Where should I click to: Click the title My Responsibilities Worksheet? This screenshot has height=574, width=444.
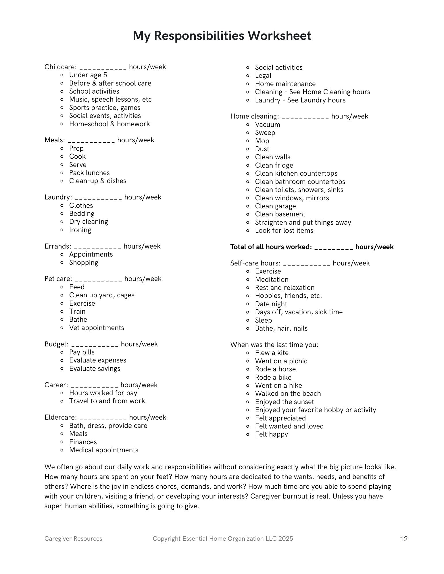pyautogui.click(x=222, y=36)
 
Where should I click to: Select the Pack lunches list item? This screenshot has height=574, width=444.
pyautogui.click(x=89, y=173)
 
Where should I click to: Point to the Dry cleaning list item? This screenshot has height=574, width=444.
pyautogui.click(x=89, y=222)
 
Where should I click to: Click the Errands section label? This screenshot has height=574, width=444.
pyautogui.click(x=57, y=246)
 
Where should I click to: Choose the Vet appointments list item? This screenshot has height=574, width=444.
pyautogui.click(x=97, y=328)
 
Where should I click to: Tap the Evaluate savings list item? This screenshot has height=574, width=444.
pyautogui.click(x=95, y=369)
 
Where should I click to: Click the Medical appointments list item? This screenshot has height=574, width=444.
pyautogui.click(x=103, y=450)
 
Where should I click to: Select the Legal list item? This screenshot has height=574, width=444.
pyautogui.click(x=263, y=75)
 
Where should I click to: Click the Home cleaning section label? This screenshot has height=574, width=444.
pyautogui.click(x=254, y=116)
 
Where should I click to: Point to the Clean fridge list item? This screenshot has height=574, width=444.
pyautogui.click(x=274, y=165)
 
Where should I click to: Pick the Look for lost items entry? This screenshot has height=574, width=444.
pyautogui.click(x=284, y=230)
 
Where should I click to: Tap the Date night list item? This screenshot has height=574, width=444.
pyautogui.click(x=271, y=304)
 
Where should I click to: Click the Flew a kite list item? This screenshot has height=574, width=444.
pyautogui.click(x=272, y=353)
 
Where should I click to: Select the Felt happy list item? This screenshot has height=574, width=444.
pyautogui.click(x=271, y=434)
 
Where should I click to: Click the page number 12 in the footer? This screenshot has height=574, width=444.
pyautogui.click(x=404, y=539)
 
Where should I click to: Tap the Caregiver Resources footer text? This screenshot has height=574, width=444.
pyautogui.click(x=73, y=539)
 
